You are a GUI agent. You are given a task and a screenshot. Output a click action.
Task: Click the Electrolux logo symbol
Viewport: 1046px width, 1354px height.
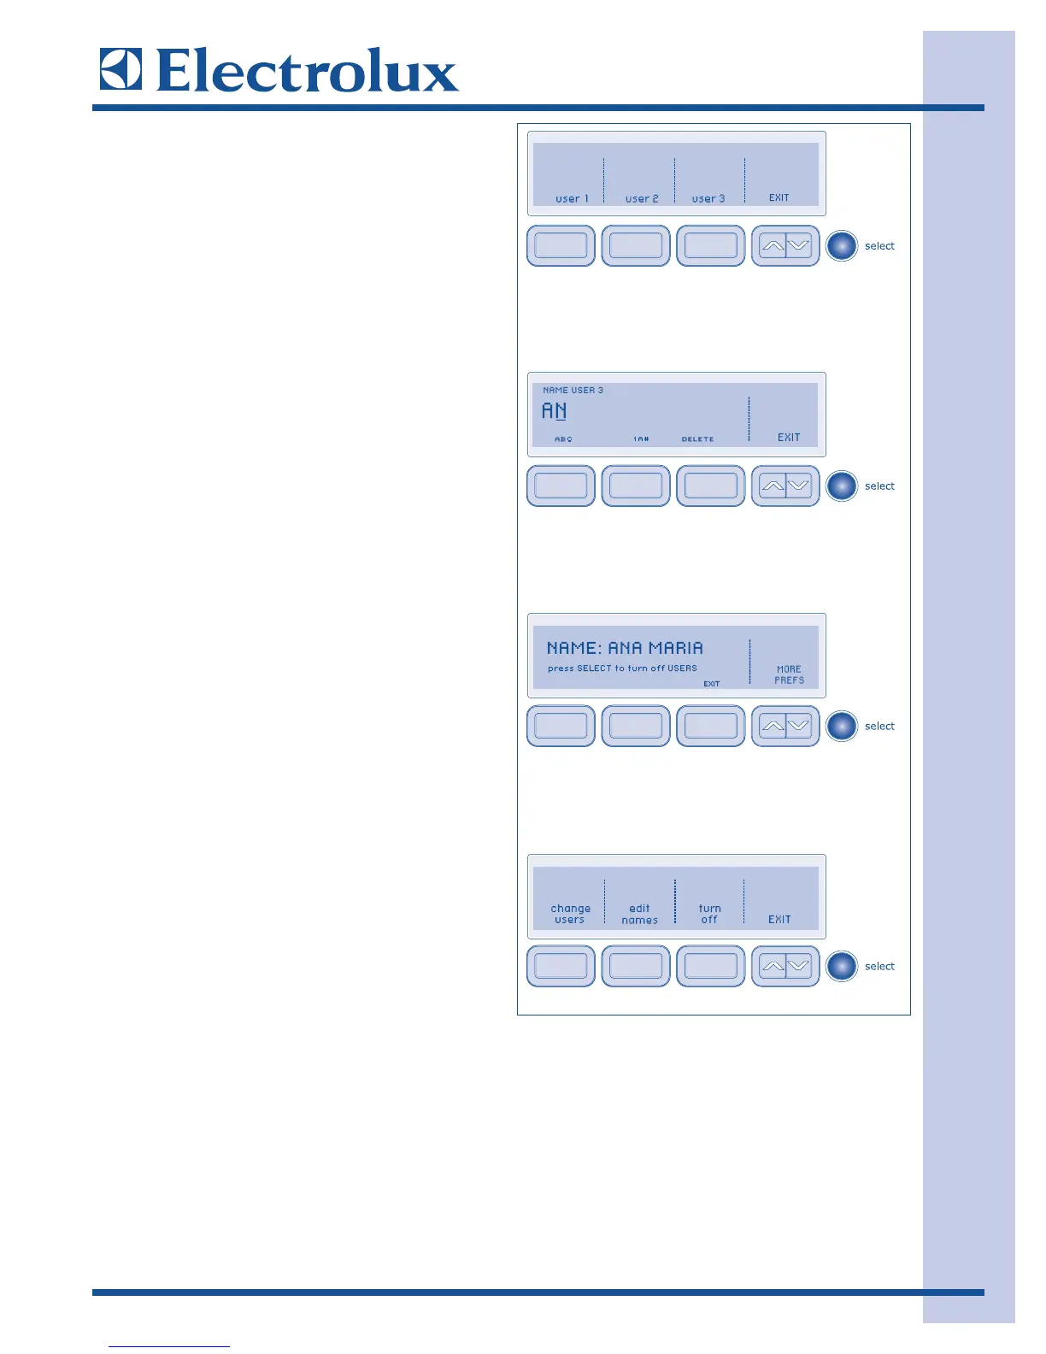tap(120, 69)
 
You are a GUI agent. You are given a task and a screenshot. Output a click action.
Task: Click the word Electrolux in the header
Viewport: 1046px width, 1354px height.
tap(308, 71)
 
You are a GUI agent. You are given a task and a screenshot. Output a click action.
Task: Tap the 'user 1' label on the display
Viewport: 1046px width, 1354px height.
tap(572, 198)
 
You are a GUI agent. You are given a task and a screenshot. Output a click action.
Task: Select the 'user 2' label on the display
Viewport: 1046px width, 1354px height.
tap(642, 198)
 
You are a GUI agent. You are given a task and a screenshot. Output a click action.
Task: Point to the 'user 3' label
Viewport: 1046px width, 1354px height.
tap(708, 198)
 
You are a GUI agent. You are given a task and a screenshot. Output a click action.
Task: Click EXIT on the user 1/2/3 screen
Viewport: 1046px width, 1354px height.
tap(779, 197)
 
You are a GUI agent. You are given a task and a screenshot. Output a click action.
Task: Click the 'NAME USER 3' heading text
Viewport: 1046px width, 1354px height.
tap(573, 390)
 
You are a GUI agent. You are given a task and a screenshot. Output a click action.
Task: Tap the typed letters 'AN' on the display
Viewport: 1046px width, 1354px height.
tap(554, 411)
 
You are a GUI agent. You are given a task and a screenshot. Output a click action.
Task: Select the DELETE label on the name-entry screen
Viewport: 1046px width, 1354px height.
tap(697, 439)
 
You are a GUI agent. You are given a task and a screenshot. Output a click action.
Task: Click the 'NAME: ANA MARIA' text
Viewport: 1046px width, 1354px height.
tap(625, 648)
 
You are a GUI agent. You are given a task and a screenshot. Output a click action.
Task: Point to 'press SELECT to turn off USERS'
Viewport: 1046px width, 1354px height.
tap(622, 668)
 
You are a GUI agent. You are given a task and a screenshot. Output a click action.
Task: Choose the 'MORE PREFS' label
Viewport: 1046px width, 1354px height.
tap(789, 674)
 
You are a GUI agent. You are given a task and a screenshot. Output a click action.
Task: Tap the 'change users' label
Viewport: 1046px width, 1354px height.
tap(570, 914)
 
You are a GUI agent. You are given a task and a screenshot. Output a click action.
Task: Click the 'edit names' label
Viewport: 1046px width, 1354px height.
tap(639, 914)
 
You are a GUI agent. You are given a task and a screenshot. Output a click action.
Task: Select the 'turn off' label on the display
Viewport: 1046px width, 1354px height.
tap(709, 914)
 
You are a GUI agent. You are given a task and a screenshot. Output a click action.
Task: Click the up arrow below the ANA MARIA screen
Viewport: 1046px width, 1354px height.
tap(772, 726)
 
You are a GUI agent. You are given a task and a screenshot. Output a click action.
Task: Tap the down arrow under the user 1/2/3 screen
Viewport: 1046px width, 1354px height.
tap(798, 246)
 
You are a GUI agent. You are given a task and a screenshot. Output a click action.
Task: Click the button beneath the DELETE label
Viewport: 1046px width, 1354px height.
tap(710, 486)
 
